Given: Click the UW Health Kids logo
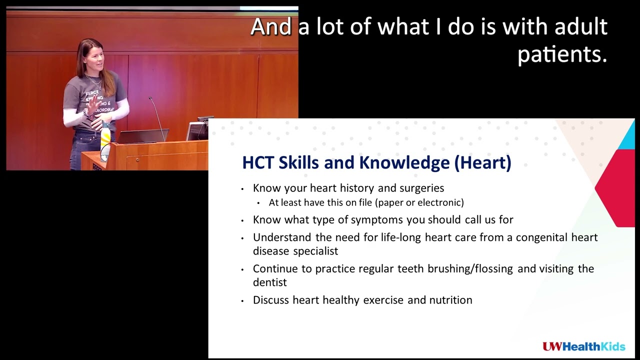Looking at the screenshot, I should tap(583, 346).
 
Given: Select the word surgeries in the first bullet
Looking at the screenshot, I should tap(421, 188).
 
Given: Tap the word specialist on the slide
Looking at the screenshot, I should tap(315, 251).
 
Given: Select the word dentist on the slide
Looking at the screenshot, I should tap(269, 282).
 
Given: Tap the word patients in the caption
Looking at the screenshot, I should tap(561, 54).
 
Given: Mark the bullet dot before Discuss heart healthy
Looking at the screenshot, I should tap(242, 301).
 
